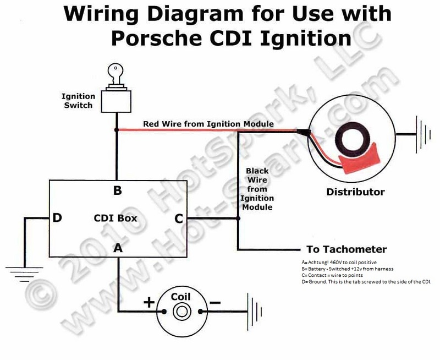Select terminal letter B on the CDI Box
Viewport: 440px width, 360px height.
117,191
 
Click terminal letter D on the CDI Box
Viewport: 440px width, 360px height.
57,218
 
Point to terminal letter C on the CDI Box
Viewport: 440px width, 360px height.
179,219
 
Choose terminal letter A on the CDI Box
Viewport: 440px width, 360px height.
118,248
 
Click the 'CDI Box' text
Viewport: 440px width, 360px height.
116,219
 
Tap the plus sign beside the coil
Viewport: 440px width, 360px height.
148,302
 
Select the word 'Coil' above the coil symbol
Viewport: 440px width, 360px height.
180,297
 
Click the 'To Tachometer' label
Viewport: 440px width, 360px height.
346,249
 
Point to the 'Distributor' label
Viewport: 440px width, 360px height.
355,192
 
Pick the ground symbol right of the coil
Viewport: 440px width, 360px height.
254,312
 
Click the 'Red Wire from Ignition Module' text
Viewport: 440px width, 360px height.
208,124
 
